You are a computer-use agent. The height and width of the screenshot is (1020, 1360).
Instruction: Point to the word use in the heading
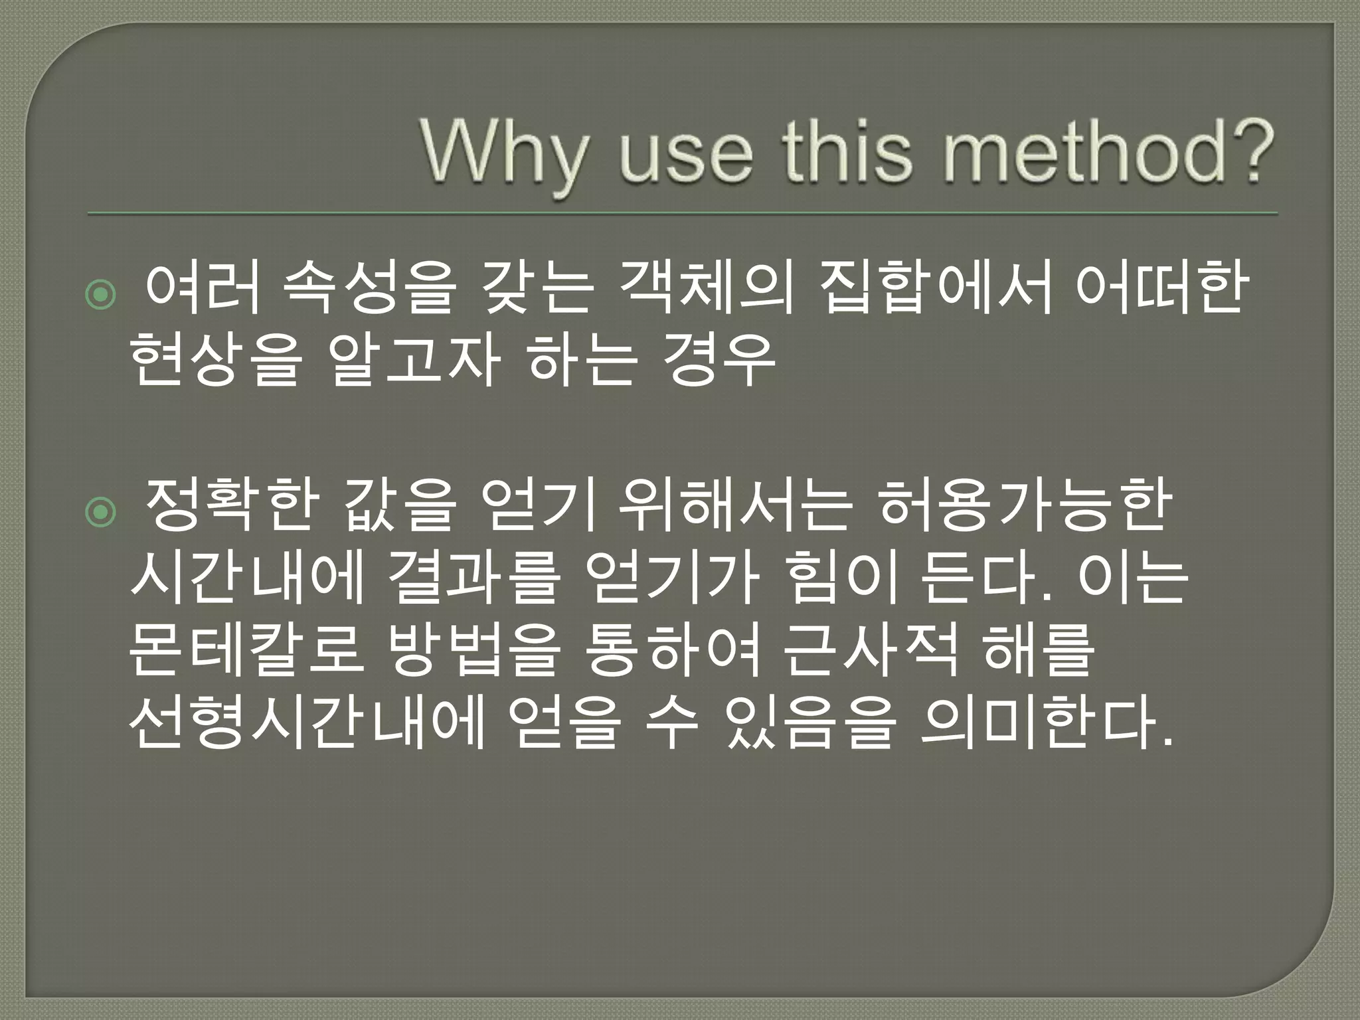pyautogui.click(x=687, y=154)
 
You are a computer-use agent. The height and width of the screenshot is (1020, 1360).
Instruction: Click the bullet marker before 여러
pyautogui.click(x=101, y=296)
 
